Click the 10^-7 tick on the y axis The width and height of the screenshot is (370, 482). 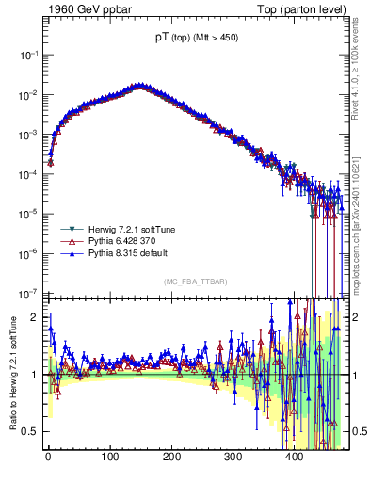pyautogui.click(x=28, y=292)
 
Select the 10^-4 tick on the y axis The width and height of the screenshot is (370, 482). pyautogui.click(x=28, y=174)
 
